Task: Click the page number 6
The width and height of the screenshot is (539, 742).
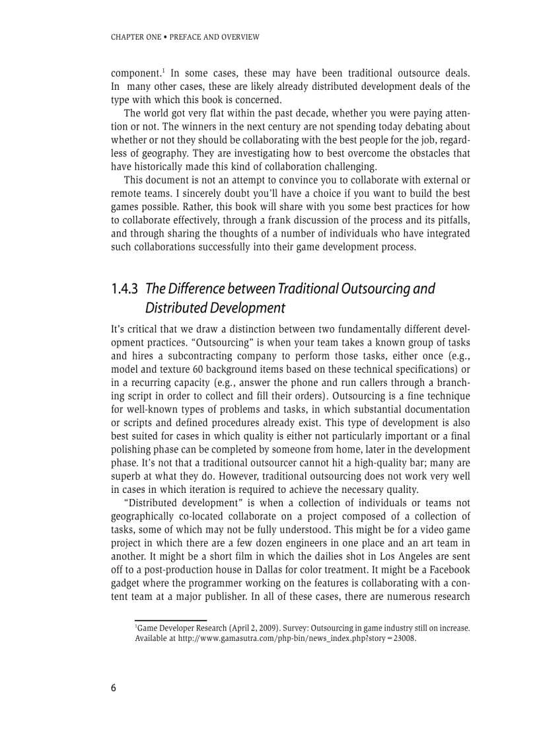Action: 114,688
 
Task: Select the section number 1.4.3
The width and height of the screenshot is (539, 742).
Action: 124,289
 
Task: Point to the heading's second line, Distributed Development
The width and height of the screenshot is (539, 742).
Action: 215,308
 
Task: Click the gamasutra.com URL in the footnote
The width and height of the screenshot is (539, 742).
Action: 297,639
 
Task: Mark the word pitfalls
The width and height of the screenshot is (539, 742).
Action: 450,220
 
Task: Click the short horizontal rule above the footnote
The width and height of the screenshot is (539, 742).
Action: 170,620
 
